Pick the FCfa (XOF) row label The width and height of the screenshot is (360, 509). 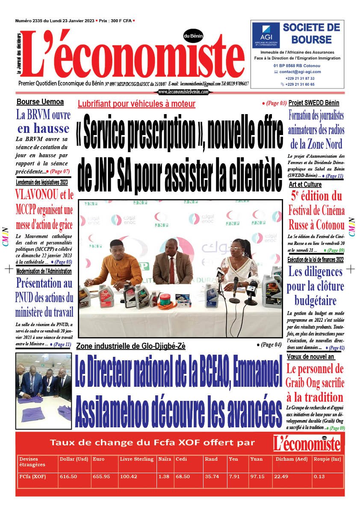click(33, 477)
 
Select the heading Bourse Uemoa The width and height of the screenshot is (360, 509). click(40, 102)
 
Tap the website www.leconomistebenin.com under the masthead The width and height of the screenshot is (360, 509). click(183, 92)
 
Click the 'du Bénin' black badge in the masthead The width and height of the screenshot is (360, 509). click(193, 36)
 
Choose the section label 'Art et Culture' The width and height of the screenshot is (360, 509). click(305, 184)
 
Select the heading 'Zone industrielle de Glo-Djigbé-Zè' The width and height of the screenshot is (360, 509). click(131, 346)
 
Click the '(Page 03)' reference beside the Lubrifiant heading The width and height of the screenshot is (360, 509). click(274, 103)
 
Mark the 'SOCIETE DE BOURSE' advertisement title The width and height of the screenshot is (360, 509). click(311, 34)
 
